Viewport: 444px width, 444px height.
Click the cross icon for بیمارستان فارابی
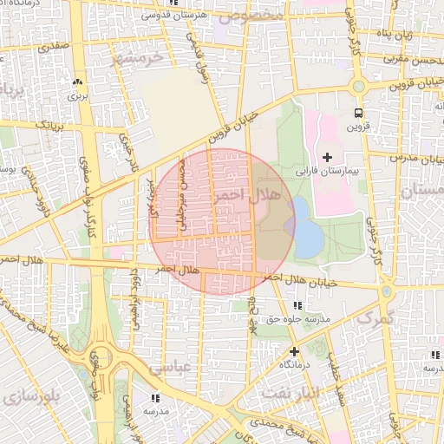tap(327, 156)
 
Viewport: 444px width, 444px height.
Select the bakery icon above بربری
tap(78, 82)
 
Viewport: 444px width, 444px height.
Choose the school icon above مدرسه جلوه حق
tap(298, 305)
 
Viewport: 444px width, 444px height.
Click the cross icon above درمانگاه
tap(294, 351)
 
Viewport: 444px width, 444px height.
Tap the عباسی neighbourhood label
tap(168, 368)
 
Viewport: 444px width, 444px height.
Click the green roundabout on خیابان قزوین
tap(358, 86)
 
